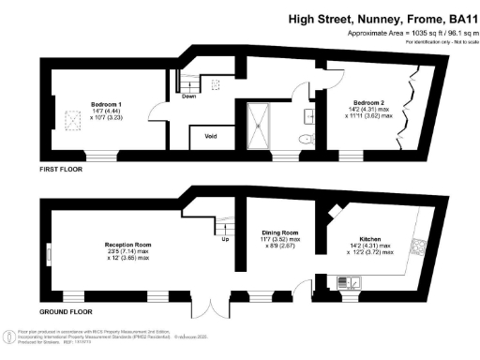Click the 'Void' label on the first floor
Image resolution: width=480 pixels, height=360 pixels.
[x=211, y=137]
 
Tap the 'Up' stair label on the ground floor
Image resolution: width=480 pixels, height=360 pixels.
[x=225, y=238]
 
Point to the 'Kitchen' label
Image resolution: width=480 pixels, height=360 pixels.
[x=368, y=238]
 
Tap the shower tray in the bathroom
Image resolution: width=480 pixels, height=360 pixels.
[x=259, y=125]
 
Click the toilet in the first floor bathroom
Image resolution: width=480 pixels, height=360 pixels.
[x=302, y=140]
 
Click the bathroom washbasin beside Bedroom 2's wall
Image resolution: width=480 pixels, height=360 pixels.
[x=308, y=117]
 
